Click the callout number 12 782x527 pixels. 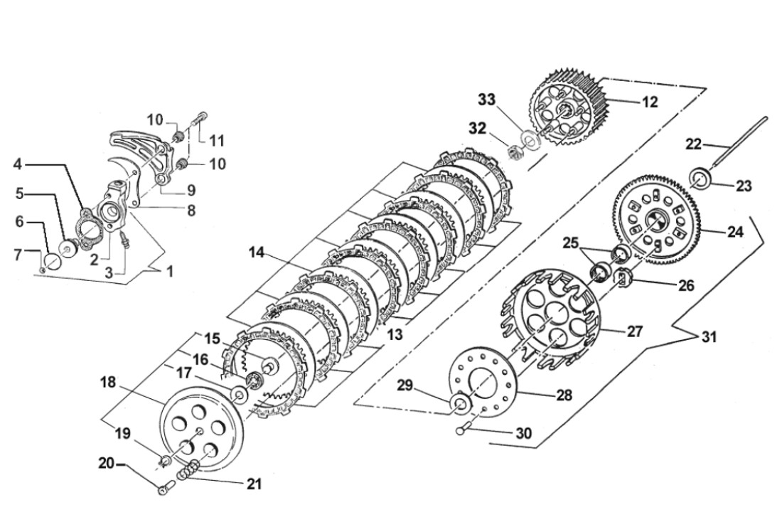click(x=650, y=102)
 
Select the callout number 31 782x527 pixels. click(x=709, y=338)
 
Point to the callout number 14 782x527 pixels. click(x=257, y=252)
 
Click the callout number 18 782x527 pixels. click(x=108, y=383)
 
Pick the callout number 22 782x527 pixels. click(x=693, y=144)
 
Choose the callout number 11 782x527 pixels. click(x=216, y=139)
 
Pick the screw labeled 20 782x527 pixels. click(x=166, y=488)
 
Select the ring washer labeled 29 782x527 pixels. click(x=461, y=405)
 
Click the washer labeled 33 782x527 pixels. click(x=531, y=137)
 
